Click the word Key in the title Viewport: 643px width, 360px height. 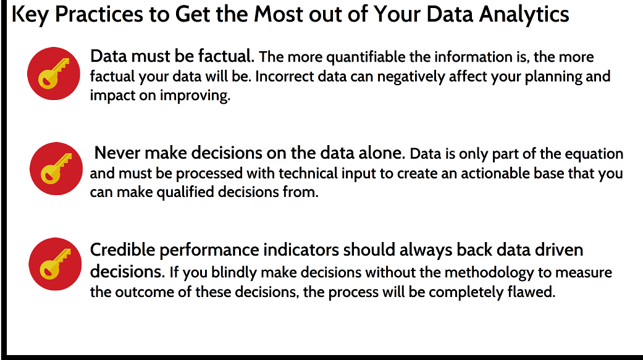(x=30, y=15)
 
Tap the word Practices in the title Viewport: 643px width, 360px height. (x=99, y=14)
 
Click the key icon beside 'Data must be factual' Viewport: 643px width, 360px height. (x=54, y=73)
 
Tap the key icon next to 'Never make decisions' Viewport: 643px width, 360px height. (x=56, y=169)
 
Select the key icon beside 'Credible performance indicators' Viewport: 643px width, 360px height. (x=56, y=264)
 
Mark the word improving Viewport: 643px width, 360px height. (x=195, y=96)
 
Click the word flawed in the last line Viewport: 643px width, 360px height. (x=531, y=292)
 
